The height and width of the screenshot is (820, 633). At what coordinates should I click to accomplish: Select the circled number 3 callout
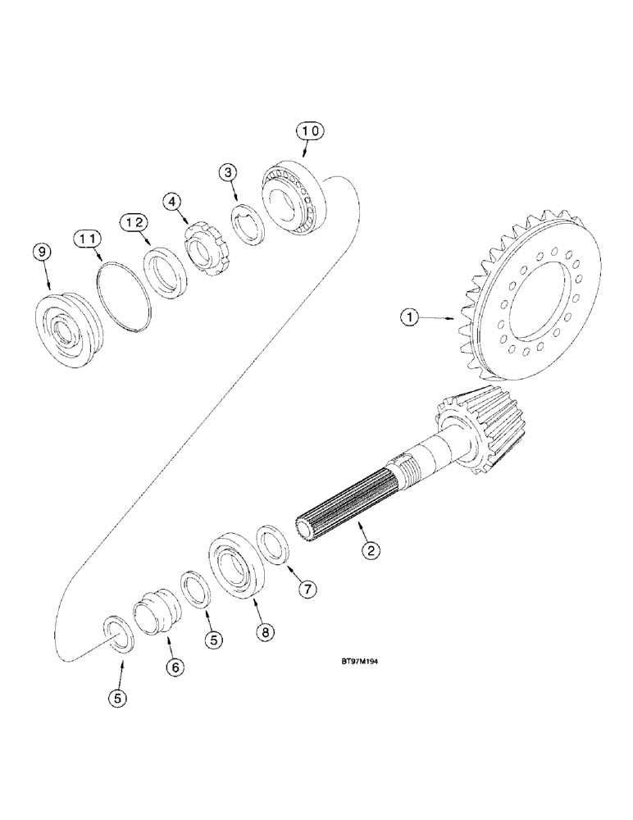(x=229, y=173)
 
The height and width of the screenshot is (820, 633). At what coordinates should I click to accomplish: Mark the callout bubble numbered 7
(x=307, y=588)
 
